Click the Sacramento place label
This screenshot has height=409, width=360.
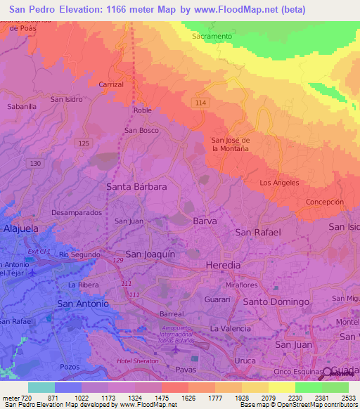[x=212, y=36]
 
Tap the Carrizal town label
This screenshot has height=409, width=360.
[x=111, y=84]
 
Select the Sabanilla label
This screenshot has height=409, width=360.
[x=21, y=107]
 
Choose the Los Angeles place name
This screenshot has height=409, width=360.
[x=279, y=183]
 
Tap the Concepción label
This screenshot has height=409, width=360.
[x=324, y=202]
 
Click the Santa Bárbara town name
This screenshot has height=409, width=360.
[x=136, y=187]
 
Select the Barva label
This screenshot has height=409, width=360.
[x=205, y=221]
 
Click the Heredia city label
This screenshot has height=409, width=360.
[x=223, y=265]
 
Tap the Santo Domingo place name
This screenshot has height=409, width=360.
[x=276, y=301]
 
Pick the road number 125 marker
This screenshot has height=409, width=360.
[x=84, y=143]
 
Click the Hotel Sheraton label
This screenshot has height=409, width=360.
[x=138, y=361]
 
